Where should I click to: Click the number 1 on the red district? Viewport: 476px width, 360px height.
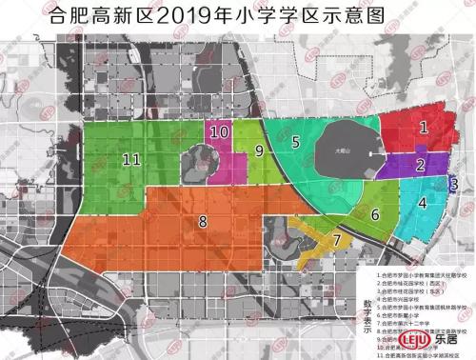point(424,125)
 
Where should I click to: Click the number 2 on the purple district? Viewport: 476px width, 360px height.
point(420,165)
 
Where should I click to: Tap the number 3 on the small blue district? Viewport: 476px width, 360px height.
point(454,184)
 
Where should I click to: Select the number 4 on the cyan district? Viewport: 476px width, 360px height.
point(422,201)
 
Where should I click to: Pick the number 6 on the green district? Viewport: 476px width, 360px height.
point(375,214)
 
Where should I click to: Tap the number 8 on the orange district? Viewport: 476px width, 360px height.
point(202,222)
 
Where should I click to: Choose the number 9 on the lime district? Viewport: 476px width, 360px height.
point(258,150)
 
